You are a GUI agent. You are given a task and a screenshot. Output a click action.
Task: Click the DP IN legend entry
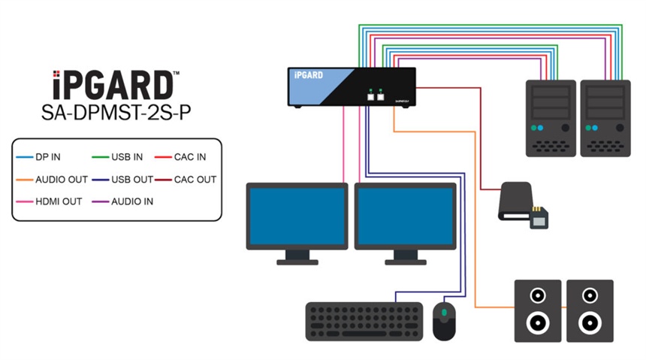[44, 158]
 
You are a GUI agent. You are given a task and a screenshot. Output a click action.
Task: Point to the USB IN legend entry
[125, 158]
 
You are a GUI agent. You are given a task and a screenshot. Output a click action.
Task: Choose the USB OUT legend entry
[128, 180]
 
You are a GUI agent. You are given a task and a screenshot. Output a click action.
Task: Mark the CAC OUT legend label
[195, 180]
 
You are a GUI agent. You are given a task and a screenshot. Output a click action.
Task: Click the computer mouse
[444, 320]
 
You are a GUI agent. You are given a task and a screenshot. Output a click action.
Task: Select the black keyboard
[364, 322]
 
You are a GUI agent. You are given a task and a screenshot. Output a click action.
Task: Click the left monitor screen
[297, 216]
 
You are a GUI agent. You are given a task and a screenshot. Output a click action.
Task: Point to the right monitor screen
[405, 216]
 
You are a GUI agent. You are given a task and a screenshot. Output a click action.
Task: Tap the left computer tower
[551, 118]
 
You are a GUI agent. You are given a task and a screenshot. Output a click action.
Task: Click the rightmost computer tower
[605, 118]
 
